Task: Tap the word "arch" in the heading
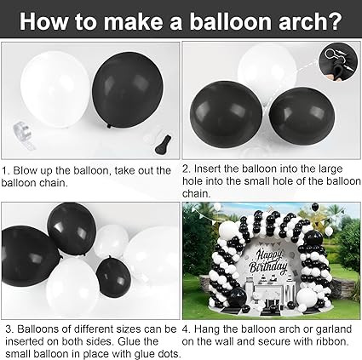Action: [302, 20]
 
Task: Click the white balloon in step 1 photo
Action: [55, 89]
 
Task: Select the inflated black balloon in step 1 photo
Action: [128, 89]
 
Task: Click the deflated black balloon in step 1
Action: [164, 145]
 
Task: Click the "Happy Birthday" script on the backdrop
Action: [267, 261]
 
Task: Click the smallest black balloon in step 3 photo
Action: [113, 276]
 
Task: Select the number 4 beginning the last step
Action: [187, 329]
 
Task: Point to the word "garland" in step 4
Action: [334, 329]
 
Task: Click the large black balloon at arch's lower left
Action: [238, 297]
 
